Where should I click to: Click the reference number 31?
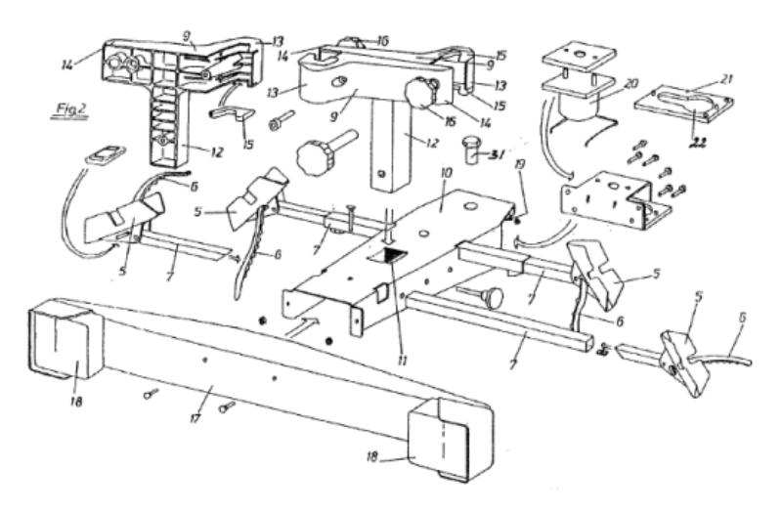point(498,151)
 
